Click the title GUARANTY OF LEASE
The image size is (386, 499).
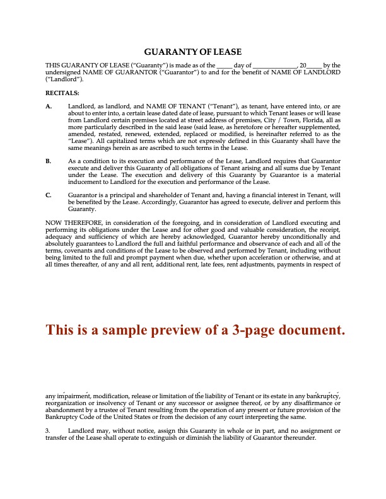pos(193,52)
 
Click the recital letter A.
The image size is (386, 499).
pos(49,106)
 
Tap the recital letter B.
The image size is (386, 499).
pos(49,161)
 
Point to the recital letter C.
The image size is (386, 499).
pos(49,196)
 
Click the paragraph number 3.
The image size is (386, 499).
pos(47,431)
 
